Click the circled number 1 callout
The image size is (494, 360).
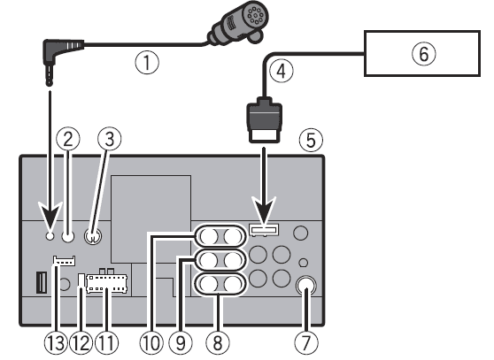click(147, 63)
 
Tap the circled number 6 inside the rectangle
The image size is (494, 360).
click(424, 54)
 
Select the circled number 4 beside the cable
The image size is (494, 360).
click(281, 71)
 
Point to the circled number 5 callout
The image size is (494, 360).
click(311, 141)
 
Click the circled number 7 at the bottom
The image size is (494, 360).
click(306, 342)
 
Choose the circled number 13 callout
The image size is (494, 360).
click(56, 342)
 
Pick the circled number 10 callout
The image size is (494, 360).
click(151, 342)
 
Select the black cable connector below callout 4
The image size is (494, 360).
click(264, 119)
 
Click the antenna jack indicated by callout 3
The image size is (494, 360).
click(93, 236)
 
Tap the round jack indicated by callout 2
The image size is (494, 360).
click(68, 235)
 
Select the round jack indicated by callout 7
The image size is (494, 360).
click(306, 286)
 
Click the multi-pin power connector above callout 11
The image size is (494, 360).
click(106, 282)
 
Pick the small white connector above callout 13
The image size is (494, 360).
click(65, 261)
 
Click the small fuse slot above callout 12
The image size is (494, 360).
click(81, 281)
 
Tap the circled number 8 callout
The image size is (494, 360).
click(218, 342)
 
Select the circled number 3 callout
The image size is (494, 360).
click(109, 139)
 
